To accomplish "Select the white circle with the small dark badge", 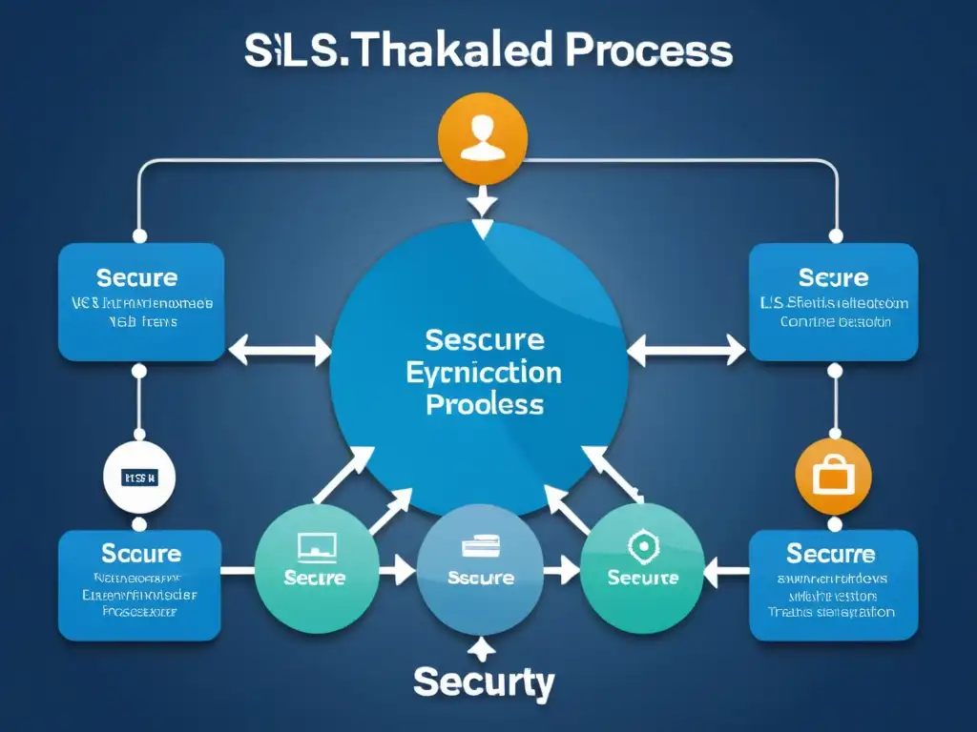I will point(140,476).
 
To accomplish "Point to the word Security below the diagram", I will point(483,683).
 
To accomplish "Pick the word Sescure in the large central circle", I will point(485,340).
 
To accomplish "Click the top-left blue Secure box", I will point(141,302).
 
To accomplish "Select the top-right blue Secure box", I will point(833,302).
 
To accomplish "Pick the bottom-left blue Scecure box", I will point(141,585).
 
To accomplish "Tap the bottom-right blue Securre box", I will point(833,585).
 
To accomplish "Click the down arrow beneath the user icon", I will point(483,201).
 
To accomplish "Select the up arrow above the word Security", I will point(484,649).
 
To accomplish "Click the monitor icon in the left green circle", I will point(317,547).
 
